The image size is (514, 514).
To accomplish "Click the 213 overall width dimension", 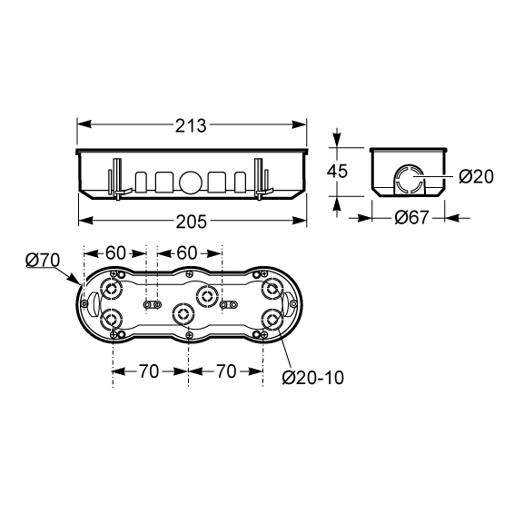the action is click(191, 126).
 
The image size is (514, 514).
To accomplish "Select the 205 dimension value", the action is click(192, 222).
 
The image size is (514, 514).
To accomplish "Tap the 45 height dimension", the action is click(337, 171).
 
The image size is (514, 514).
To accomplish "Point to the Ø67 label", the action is click(411, 217).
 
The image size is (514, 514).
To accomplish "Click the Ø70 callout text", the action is click(43, 261).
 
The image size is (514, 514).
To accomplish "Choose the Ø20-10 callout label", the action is click(313, 378).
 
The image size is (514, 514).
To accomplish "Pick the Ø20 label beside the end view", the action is click(476, 177).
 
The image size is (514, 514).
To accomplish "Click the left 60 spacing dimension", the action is click(115, 253).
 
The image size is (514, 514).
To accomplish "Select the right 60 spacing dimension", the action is click(187, 253).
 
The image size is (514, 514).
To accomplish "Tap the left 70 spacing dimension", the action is click(149, 371).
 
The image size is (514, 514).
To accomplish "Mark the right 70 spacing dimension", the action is click(226, 371).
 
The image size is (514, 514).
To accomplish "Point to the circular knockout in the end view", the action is click(409, 177).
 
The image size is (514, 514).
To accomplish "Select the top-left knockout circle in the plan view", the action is click(111, 290).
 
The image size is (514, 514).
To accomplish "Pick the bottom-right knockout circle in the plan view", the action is click(272, 319).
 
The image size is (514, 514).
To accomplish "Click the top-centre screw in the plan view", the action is click(189, 274).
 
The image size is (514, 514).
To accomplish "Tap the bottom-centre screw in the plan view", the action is click(189, 335).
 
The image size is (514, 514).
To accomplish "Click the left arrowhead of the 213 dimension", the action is click(84, 124).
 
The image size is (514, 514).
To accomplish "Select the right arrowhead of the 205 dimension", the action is click(300, 221).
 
